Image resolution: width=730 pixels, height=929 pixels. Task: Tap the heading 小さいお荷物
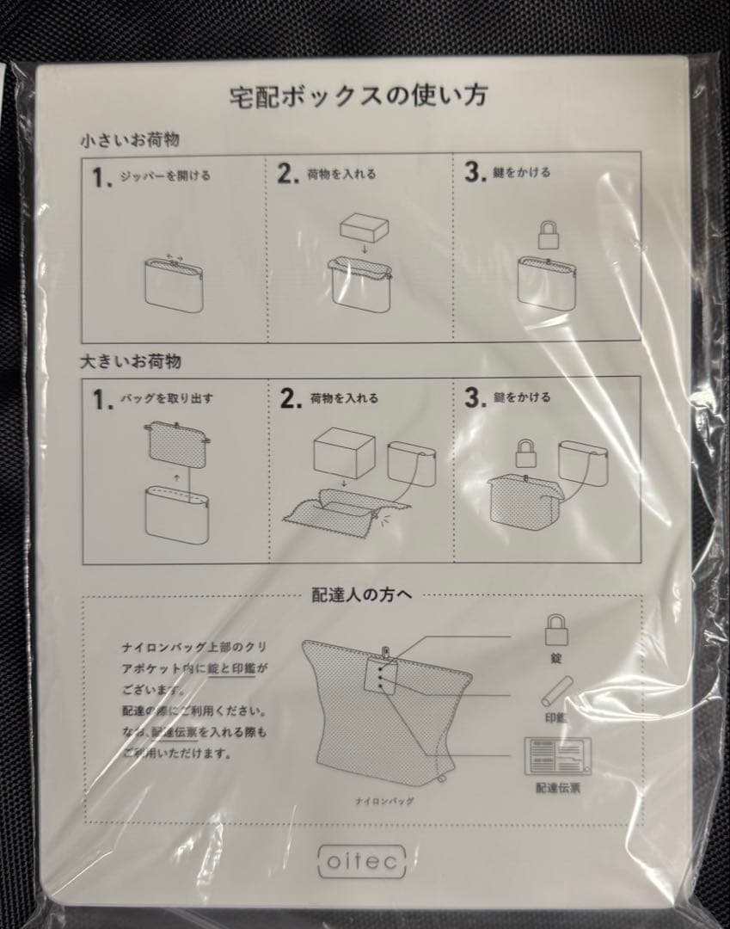point(130,138)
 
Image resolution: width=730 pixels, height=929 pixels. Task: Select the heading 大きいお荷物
point(130,361)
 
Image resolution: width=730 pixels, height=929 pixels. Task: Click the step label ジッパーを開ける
point(164,175)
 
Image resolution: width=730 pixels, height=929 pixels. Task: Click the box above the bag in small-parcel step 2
point(365,229)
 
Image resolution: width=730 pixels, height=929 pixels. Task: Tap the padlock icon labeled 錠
point(556,631)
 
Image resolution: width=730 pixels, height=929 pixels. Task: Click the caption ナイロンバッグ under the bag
point(385,801)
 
